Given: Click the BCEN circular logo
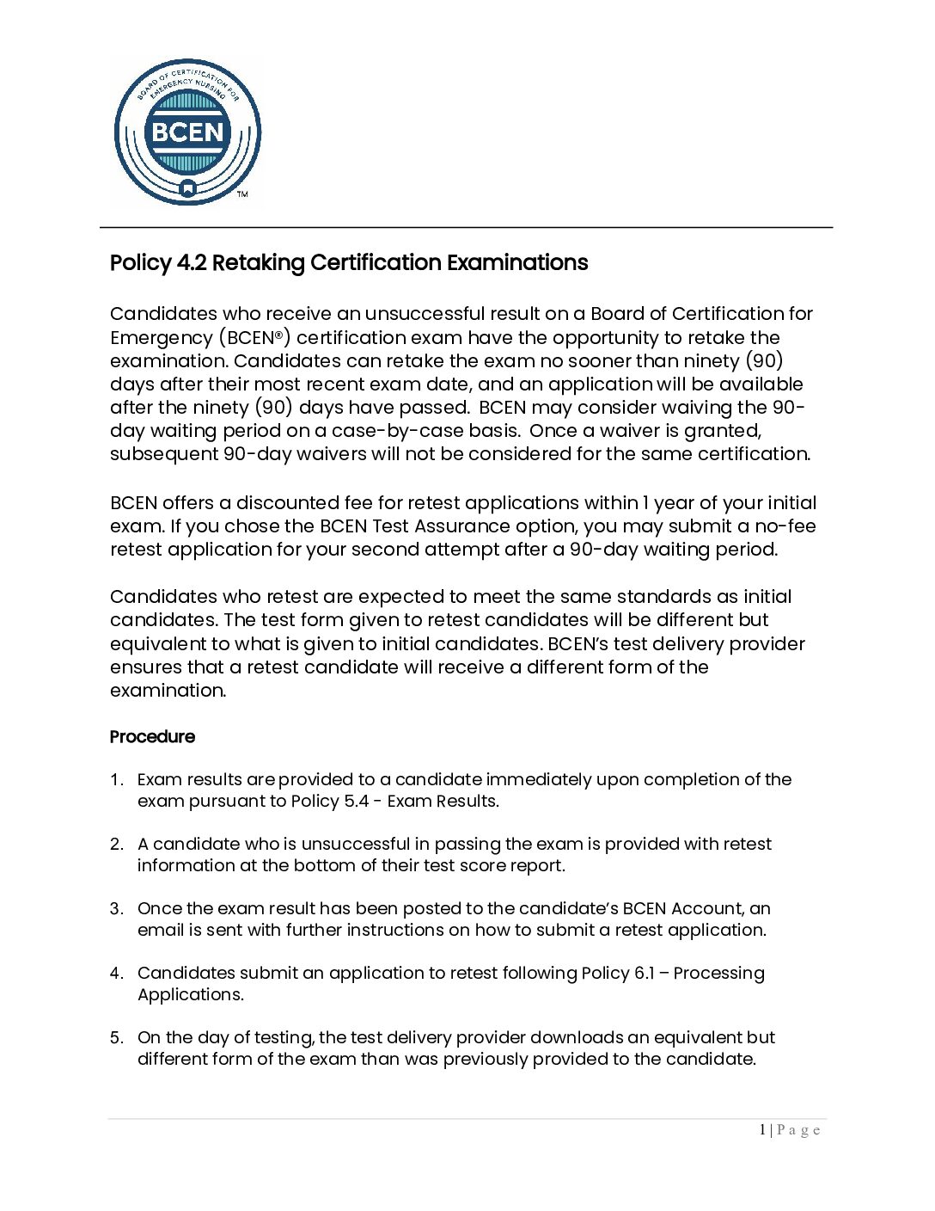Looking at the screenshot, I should pyautogui.click(x=187, y=132).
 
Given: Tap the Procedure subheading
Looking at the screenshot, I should pyautogui.click(x=152, y=736).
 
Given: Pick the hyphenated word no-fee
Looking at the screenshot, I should pyautogui.click(x=785, y=526).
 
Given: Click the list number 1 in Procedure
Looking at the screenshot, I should pyautogui.click(x=116, y=779).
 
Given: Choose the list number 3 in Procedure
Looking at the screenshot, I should pyautogui.click(x=116, y=908).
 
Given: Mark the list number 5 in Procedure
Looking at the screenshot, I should pyautogui.click(x=116, y=1037).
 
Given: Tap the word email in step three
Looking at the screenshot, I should pyautogui.click(x=160, y=930).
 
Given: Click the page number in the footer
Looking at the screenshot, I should pyautogui.click(x=762, y=1129).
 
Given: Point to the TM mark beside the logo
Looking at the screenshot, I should pyautogui.click(x=242, y=194).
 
